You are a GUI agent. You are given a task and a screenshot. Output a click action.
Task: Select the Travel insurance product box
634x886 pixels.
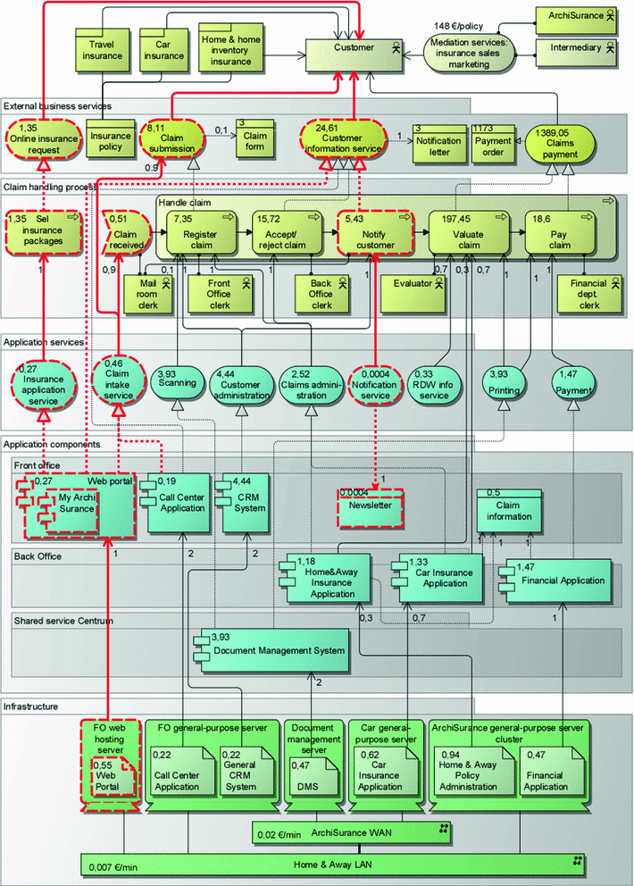pos(103,50)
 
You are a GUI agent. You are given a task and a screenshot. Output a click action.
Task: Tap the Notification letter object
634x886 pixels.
pos(438,142)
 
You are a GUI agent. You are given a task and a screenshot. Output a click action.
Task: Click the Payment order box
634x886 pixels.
pos(493,142)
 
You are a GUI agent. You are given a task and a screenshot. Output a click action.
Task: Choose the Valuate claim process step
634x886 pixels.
pos(462,234)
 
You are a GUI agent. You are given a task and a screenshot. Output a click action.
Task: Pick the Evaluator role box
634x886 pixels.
pos(418,284)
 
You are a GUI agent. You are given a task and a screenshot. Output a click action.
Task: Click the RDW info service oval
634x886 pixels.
pos(434,382)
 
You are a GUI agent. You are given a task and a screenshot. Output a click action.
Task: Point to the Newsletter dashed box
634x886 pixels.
pos(371,506)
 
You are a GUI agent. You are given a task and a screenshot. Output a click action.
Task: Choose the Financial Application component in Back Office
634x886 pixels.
pos(558,580)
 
